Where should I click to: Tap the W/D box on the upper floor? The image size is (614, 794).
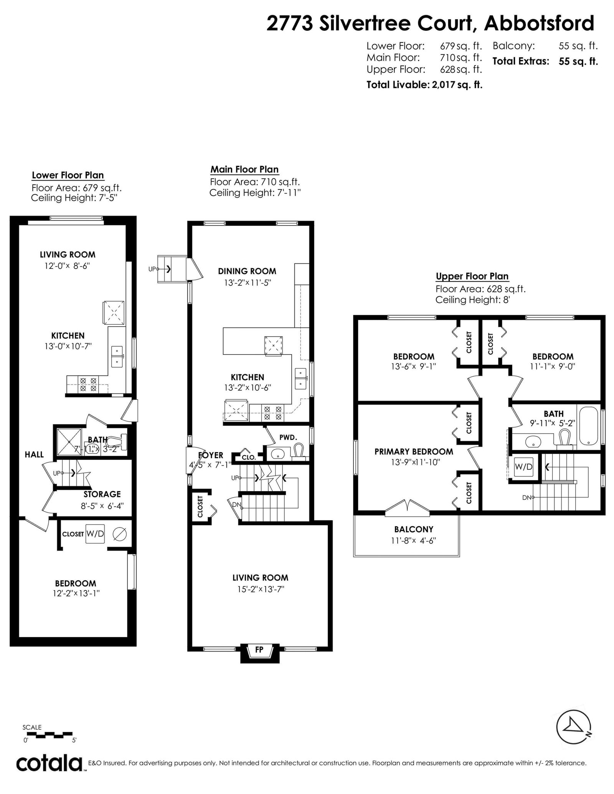523,467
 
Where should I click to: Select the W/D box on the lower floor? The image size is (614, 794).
95,534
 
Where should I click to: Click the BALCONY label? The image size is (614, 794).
414,529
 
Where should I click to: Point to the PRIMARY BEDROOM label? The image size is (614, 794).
414,452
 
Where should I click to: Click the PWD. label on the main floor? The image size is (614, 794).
288,437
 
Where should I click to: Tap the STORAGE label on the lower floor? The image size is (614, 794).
102,494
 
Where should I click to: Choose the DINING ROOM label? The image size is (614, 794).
247,271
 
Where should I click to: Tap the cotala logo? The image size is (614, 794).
50,763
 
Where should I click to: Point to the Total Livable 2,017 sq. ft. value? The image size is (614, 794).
424,85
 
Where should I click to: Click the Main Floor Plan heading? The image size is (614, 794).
244,169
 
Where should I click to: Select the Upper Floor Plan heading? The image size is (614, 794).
472,276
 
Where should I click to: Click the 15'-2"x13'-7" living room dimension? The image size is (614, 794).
261,589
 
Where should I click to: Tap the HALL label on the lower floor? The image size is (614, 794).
34,455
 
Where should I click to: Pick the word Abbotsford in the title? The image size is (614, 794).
539,24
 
